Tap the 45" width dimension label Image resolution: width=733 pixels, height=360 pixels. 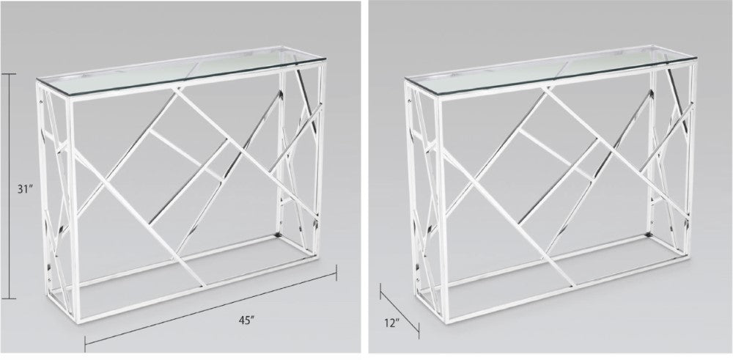coord(246,320)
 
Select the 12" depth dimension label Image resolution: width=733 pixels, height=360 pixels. coord(391,323)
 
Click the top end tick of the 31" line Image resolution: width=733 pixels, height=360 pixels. coord(9,74)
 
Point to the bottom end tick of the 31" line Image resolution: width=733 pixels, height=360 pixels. coord(9,298)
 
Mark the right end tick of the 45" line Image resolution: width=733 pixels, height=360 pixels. coord(336,273)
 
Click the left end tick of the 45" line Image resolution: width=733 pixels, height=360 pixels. coord(85,344)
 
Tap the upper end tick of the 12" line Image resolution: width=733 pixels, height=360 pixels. coord(380,291)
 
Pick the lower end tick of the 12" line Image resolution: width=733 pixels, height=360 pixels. coord(419,331)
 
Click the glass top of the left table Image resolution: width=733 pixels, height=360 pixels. coord(181,70)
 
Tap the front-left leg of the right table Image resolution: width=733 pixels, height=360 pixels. coord(441,210)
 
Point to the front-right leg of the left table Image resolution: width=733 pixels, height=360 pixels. coord(320,159)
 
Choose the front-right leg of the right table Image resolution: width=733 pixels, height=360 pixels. coord(690,158)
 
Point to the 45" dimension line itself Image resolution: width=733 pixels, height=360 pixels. coord(210,309)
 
